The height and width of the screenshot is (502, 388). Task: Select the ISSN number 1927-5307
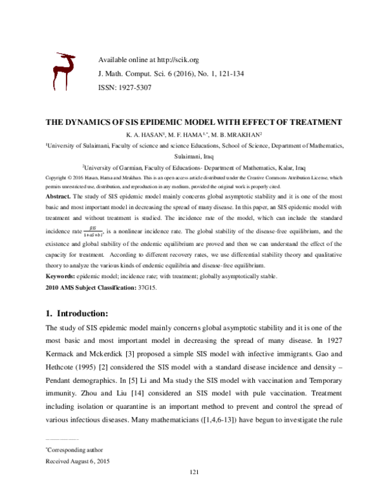point(133,87)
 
